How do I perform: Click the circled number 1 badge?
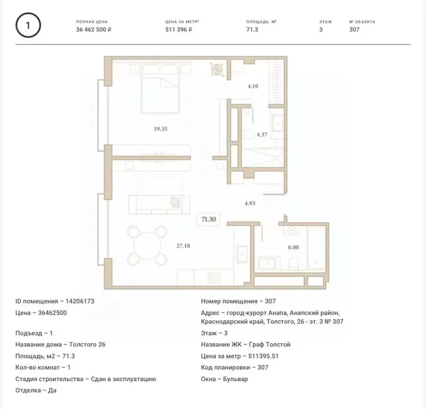point(28,25)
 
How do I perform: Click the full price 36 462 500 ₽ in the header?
point(94,30)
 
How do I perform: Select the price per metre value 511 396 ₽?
point(179,30)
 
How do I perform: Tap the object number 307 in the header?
point(354,30)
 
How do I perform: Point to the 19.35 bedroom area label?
point(160,129)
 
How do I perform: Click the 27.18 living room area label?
point(183,246)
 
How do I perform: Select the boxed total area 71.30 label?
point(208,219)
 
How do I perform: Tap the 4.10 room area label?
point(253,86)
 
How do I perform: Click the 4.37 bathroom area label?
point(262,134)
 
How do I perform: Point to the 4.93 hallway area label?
point(250,203)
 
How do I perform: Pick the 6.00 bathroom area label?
point(293,247)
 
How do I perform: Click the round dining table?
point(147,246)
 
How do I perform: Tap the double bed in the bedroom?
point(160,89)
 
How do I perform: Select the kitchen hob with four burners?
point(214,278)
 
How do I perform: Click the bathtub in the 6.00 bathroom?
point(317,248)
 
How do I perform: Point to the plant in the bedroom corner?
point(216,69)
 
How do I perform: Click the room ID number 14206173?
point(80,301)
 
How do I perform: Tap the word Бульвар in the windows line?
point(235,379)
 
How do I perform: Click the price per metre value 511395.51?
point(263,356)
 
